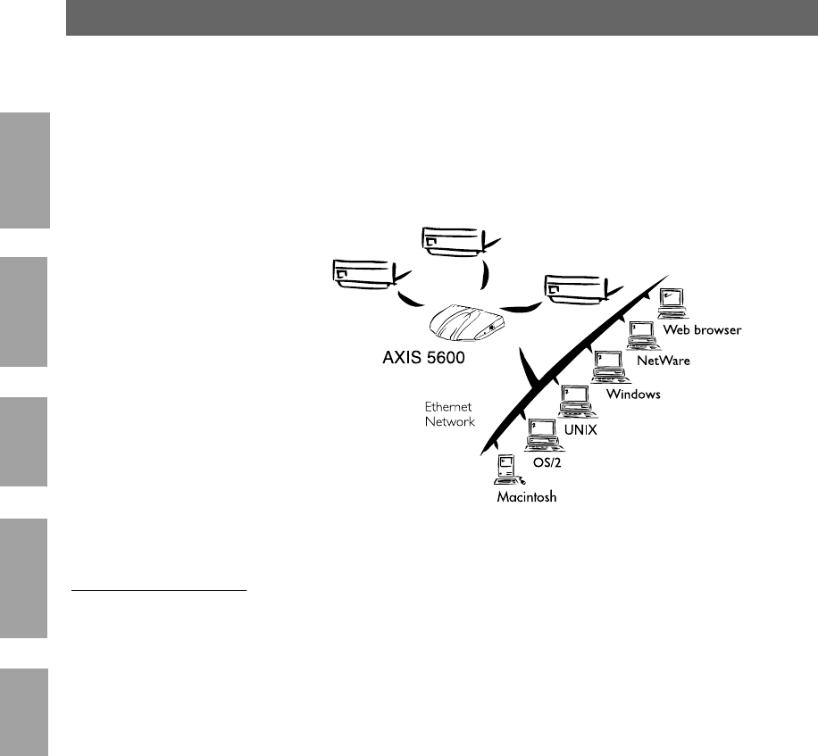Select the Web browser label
702,330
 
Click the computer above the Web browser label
671,302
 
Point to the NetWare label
664,361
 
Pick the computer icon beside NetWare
639,334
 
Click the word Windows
633,394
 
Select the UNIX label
580,429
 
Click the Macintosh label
527,497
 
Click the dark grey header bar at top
441,18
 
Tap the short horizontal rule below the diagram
157,590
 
